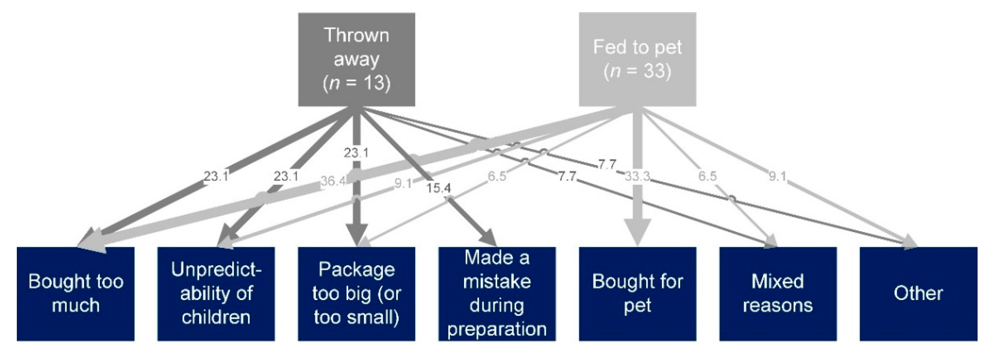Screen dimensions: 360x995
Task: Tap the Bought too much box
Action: click(76, 294)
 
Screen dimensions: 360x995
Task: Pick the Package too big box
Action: click(356, 294)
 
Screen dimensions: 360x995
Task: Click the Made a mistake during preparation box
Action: click(497, 294)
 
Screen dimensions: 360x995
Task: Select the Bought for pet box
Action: click(637, 294)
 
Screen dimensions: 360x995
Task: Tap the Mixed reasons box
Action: click(778, 294)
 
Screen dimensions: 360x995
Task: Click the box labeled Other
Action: click(918, 294)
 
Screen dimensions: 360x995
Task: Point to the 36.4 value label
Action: click(333, 181)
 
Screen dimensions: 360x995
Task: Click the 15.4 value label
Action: click(438, 188)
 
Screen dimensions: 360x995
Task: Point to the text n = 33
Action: click(637, 71)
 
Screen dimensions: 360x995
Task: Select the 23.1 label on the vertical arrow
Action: click(356, 153)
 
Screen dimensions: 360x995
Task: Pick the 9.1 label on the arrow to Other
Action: click(777, 176)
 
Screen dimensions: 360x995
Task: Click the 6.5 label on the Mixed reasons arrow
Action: click(707, 176)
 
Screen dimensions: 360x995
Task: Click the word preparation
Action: click(497, 329)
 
